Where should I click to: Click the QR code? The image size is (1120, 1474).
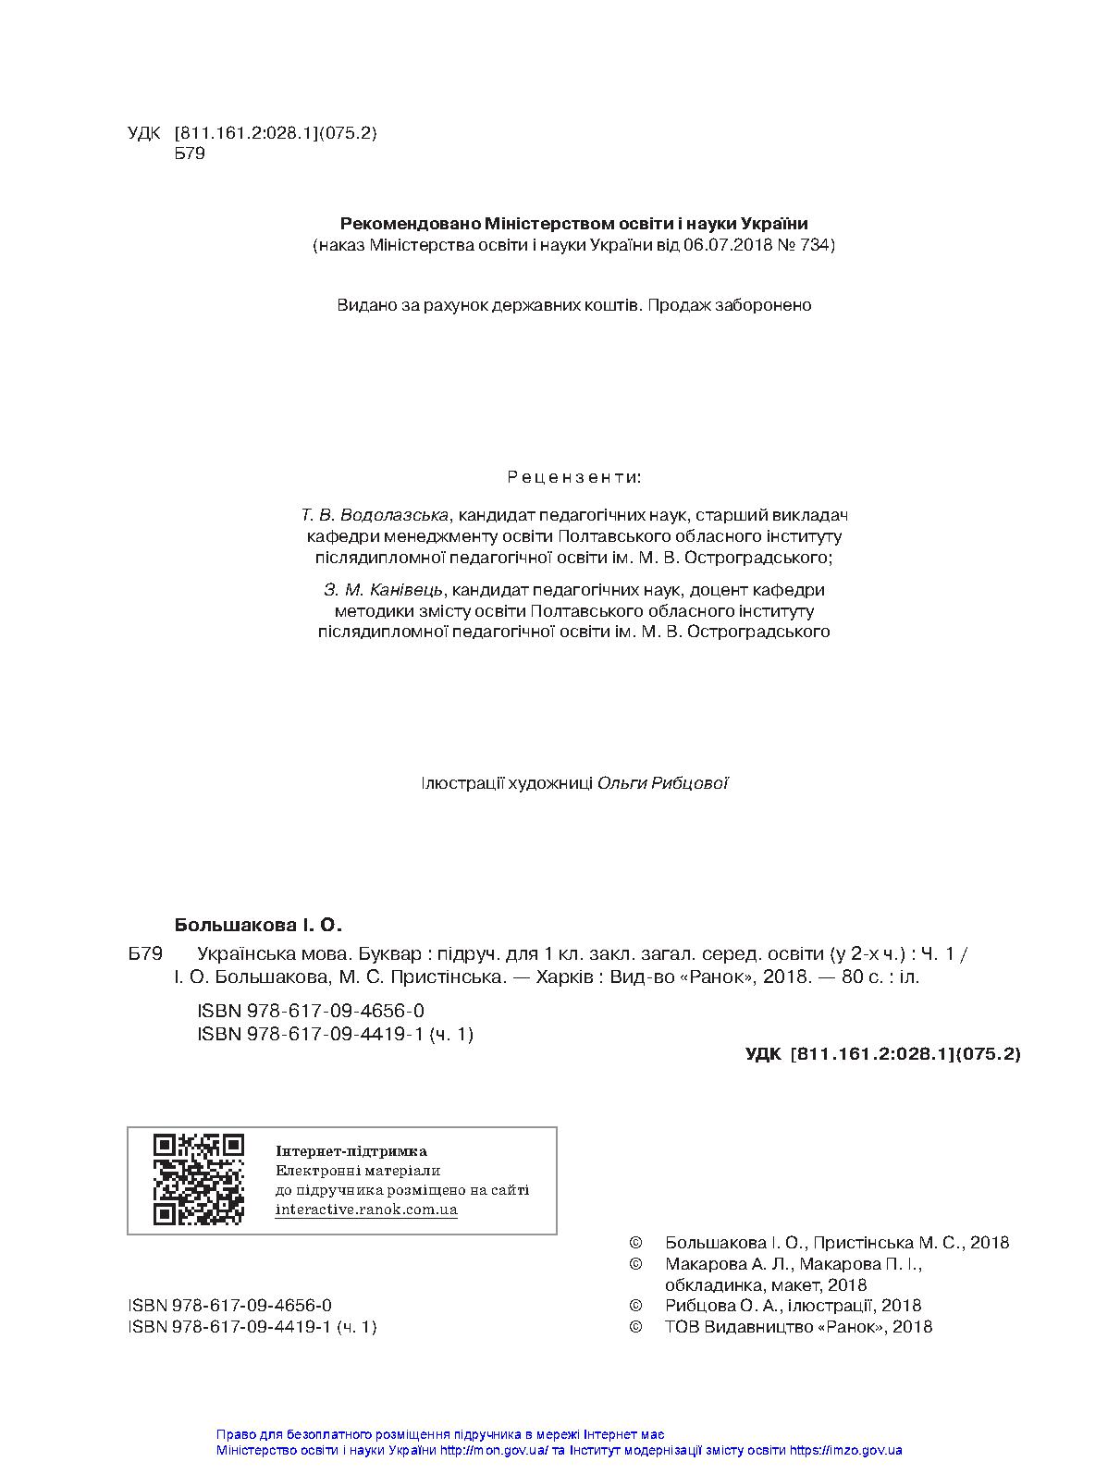tap(198, 1179)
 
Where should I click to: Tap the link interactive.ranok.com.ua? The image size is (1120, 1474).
tap(366, 1210)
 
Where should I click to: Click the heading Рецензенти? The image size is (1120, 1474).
tap(574, 478)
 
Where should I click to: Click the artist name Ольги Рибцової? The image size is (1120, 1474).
tap(663, 783)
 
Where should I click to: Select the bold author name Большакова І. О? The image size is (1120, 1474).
tap(258, 925)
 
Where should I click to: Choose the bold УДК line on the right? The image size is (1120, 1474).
tap(882, 1053)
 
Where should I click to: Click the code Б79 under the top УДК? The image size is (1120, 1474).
tap(190, 154)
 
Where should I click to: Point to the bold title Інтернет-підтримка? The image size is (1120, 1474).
tap(351, 1151)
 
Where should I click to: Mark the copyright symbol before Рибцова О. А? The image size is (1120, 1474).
tap(635, 1306)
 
